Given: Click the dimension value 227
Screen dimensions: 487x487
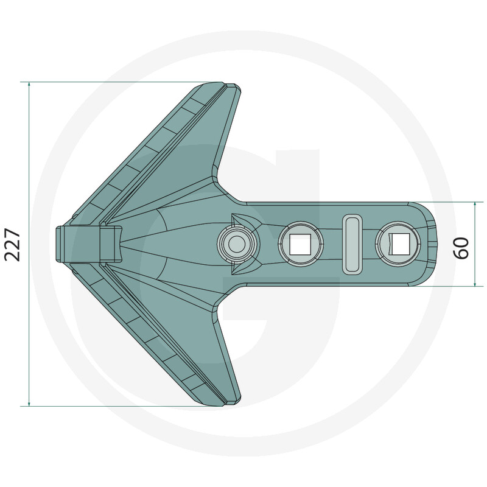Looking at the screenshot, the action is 12,245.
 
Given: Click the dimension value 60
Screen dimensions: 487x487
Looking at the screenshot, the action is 461,248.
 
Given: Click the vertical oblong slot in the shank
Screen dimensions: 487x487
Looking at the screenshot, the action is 352,244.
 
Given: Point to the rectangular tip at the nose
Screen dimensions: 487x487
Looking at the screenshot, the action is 88,244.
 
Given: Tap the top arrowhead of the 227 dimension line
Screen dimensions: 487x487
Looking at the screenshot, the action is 29,84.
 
